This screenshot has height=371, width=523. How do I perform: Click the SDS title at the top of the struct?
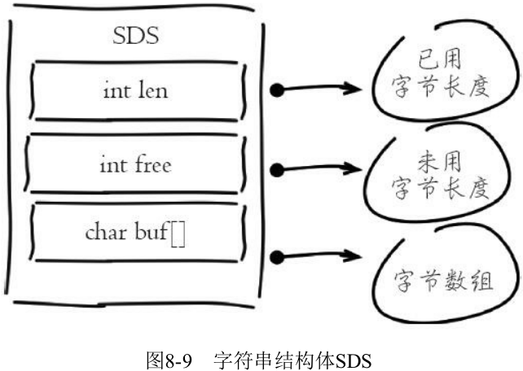134,37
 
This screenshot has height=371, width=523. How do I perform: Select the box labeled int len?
135,89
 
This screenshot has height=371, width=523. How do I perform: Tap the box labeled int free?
135,165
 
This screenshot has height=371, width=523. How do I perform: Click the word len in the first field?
152,89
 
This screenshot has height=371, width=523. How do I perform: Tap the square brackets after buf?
178,233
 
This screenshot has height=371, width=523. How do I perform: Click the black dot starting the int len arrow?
277,89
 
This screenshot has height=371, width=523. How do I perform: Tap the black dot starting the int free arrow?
277,171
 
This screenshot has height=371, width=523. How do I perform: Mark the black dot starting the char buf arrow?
277,258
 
